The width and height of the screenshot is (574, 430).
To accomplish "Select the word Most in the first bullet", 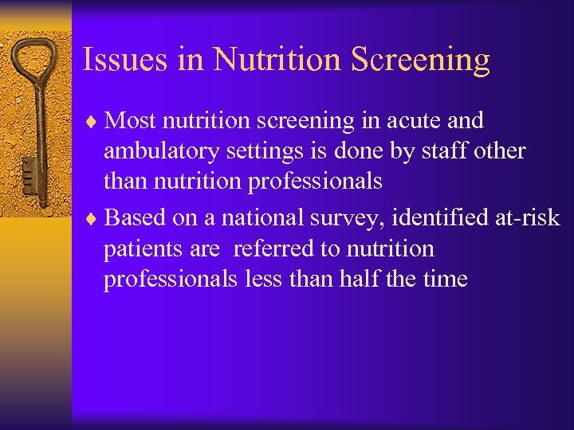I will coord(131,120).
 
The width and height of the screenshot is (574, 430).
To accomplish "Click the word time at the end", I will coord(446,279).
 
